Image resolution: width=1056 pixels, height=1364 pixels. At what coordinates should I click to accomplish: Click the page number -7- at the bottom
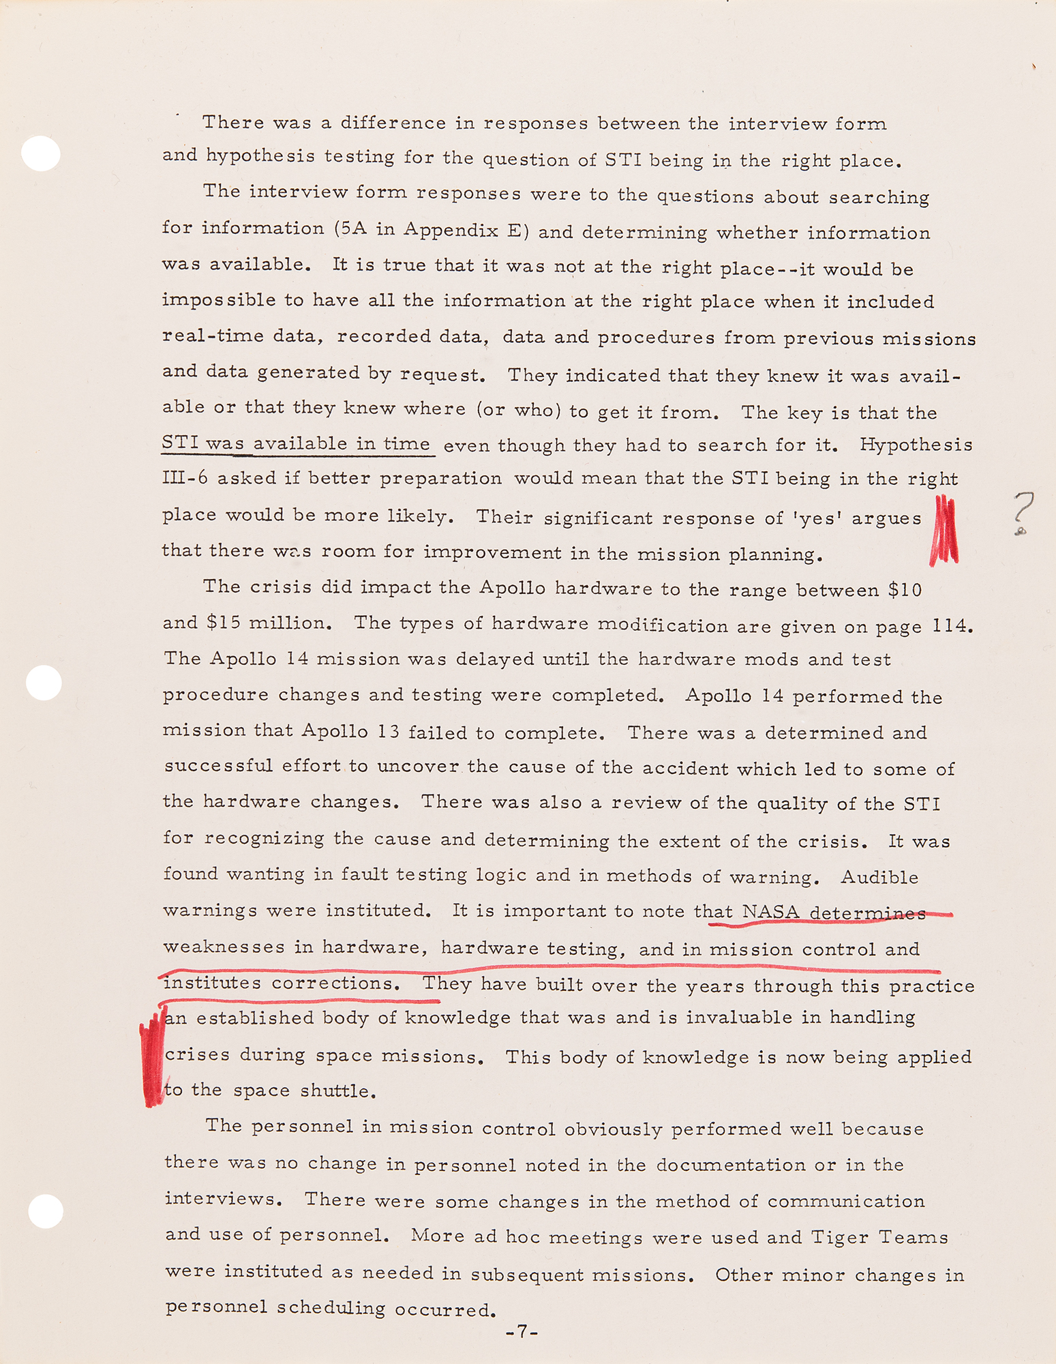pyautogui.click(x=522, y=1331)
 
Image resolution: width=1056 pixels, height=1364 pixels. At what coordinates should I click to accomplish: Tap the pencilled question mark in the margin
pyautogui.click(x=1023, y=512)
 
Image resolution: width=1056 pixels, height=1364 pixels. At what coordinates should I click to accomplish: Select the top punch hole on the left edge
pyautogui.click(x=41, y=153)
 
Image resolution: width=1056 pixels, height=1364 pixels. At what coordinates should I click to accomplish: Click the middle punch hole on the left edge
pyautogui.click(x=44, y=682)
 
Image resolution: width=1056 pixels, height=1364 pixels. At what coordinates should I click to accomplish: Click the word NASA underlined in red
pyautogui.click(x=770, y=912)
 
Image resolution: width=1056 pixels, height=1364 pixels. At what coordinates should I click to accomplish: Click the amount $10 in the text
pyautogui.click(x=905, y=589)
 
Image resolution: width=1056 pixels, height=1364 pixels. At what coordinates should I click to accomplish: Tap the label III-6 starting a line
pyautogui.click(x=185, y=478)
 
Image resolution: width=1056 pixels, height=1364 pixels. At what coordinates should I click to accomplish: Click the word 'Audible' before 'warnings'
pyautogui.click(x=879, y=876)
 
